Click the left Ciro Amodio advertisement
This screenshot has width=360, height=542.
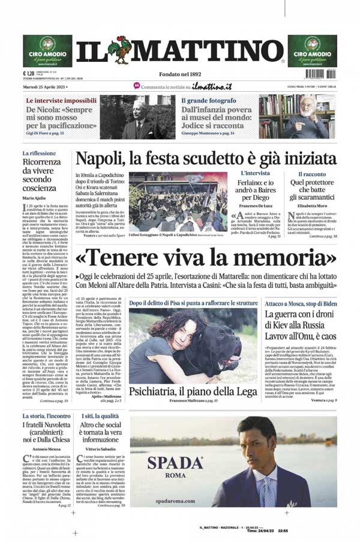[47, 50]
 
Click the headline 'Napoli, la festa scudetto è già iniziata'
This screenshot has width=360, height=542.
[205, 160]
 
